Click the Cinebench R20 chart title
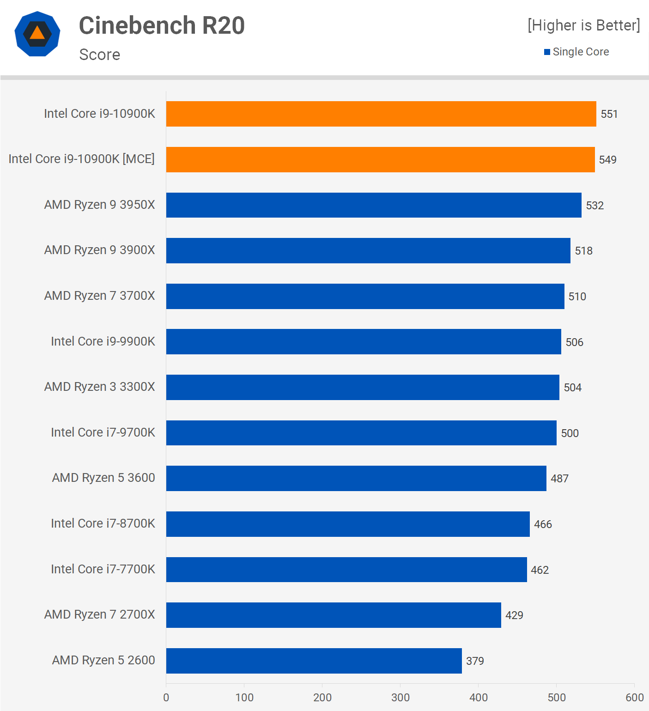pyautogui.click(x=162, y=25)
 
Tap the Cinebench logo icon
pyautogui.click(x=37, y=34)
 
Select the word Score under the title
pyautogui.click(x=100, y=55)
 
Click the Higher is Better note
pyautogui.click(x=584, y=25)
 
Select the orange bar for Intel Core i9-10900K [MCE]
pyautogui.click(x=380, y=159)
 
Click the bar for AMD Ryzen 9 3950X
pyautogui.click(x=374, y=205)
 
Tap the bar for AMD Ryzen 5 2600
pyautogui.click(x=314, y=661)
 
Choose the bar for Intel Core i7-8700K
pyautogui.click(x=348, y=524)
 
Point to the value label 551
pyautogui.click(x=609, y=114)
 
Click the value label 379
pyautogui.click(x=475, y=661)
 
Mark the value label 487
pyautogui.click(x=559, y=479)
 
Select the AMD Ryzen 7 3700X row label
pyautogui.click(x=100, y=296)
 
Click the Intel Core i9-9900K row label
pyautogui.click(x=103, y=341)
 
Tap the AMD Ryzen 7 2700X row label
pyautogui.click(x=100, y=614)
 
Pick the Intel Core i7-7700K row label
pyautogui.click(x=103, y=569)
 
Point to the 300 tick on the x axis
pyautogui.click(x=400, y=697)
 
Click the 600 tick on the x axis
pyautogui.click(x=634, y=697)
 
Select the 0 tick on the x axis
pyautogui.click(x=166, y=697)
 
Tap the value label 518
pyautogui.click(x=583, y=251)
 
